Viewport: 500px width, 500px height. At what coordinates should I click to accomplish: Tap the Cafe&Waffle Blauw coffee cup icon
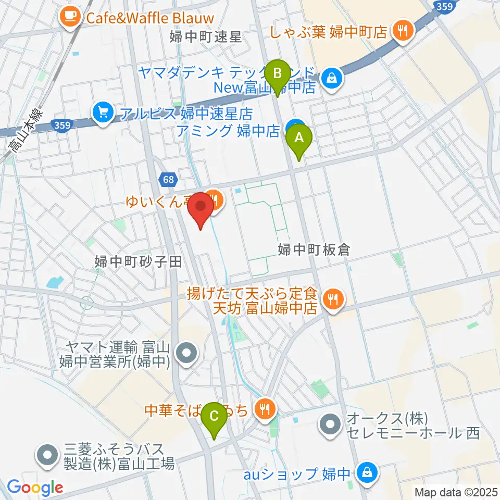69,18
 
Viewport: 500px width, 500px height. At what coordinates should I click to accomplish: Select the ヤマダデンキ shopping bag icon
330,78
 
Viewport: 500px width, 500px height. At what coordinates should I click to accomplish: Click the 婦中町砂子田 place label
138,261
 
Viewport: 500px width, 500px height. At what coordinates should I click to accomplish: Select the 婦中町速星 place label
206,36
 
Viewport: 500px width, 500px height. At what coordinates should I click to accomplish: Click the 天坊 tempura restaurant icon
331,299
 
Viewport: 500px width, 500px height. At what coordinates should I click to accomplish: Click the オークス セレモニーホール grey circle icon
330,425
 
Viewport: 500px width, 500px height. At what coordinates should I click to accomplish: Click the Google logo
35,488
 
